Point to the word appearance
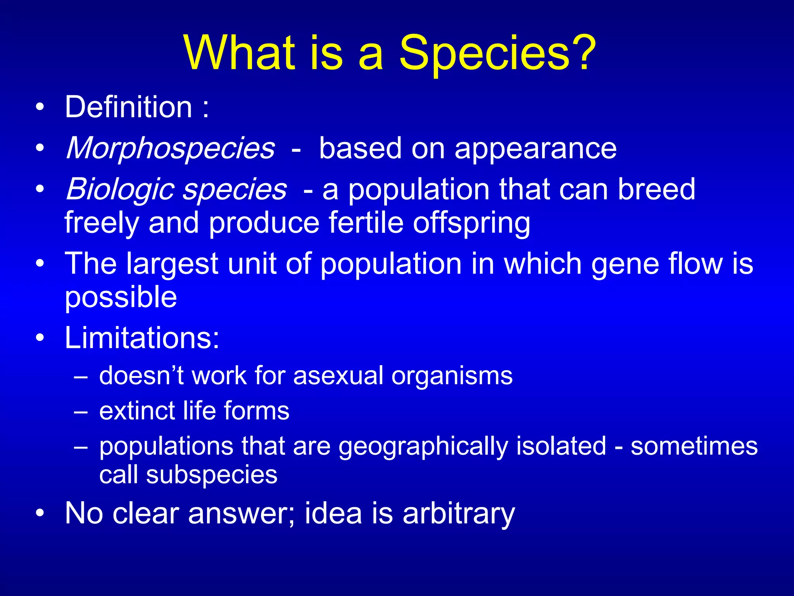tap(535, 149)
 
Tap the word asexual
tap(338, 376)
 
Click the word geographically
tap(423, 447)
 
